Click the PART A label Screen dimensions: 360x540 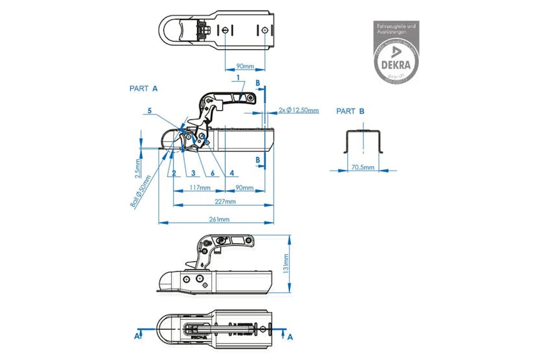[143, 88]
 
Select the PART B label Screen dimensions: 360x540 [350, 112]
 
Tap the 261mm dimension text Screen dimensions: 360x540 [218, 219]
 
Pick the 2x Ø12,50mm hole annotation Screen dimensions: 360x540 [298, 110]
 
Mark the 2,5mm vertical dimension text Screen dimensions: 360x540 [138, 169]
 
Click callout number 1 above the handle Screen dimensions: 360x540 [238, 78]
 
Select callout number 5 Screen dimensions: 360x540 [149, 112]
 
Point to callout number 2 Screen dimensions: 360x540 [174, 173]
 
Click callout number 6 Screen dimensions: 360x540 [211, 173]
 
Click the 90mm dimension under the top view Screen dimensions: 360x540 [244, 66]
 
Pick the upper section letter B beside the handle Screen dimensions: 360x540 [257, 83]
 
